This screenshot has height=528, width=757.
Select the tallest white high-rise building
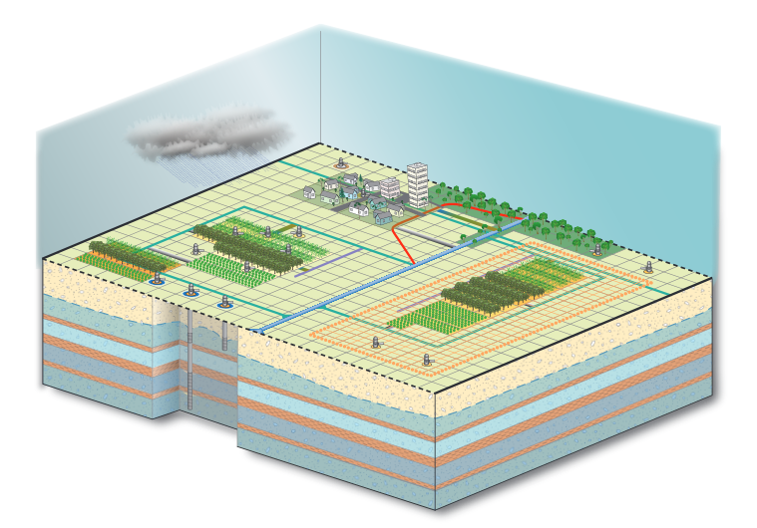[419, 185]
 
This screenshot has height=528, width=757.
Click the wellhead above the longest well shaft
[189, 292]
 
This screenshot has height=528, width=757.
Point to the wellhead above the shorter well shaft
[225, 300]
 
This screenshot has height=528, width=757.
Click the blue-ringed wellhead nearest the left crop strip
[155, 282]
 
